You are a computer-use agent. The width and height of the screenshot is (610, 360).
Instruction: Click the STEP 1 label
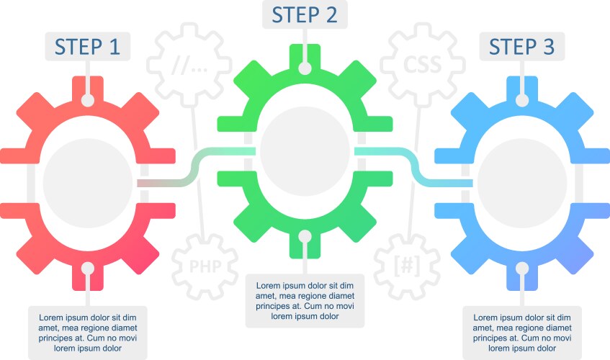pyautogui.click(x=88, y=46)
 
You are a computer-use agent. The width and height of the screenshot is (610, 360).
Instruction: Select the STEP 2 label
pyautogui.click(x=305, y=14)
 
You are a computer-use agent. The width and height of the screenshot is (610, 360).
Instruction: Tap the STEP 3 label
pyautogui.click(x=522, y=46)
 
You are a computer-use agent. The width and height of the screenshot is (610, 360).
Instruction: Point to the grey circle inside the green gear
pyautogui.click(x=305, y=150)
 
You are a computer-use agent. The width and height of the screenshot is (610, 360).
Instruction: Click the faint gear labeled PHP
pyautogui.click(x=205, y=266)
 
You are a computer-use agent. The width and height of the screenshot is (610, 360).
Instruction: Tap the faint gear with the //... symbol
pyautogui.click(x=189, y=66)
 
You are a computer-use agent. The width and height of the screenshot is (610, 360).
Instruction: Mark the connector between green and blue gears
pyautogui.click(x=415, y=167)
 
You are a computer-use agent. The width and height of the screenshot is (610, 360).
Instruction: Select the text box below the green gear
pyautogui.click(x=305, y=300)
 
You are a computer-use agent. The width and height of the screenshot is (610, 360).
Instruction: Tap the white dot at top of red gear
pyautogui.click(x=88, y=100)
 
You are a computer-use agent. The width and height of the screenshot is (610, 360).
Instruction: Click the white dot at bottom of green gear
pyautogui.click(x=305, y=235)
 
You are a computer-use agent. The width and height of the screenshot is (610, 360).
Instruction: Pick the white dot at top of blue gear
pyautogui.click(x=522, y=100)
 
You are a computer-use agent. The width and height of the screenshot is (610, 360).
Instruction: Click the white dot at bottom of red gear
pyautogui.click(x=88, y=268)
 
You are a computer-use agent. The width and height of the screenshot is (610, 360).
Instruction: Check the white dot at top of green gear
pyautogui.click(x=305, y=68)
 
